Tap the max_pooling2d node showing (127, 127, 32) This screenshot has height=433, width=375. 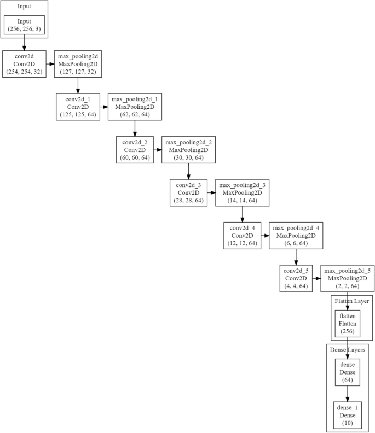pos(77,63)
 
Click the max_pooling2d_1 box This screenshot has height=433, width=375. pos(134,107)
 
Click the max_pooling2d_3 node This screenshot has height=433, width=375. pos(241,192)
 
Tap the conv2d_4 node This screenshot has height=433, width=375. pos(241,236)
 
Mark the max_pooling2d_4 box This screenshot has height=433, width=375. pos(295,236)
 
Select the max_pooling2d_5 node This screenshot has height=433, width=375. pos(348,278)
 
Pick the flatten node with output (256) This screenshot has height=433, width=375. pos(347,323)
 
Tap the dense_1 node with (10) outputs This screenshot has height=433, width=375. pos(347,415)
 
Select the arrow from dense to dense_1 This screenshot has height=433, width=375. pos(347,393)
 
